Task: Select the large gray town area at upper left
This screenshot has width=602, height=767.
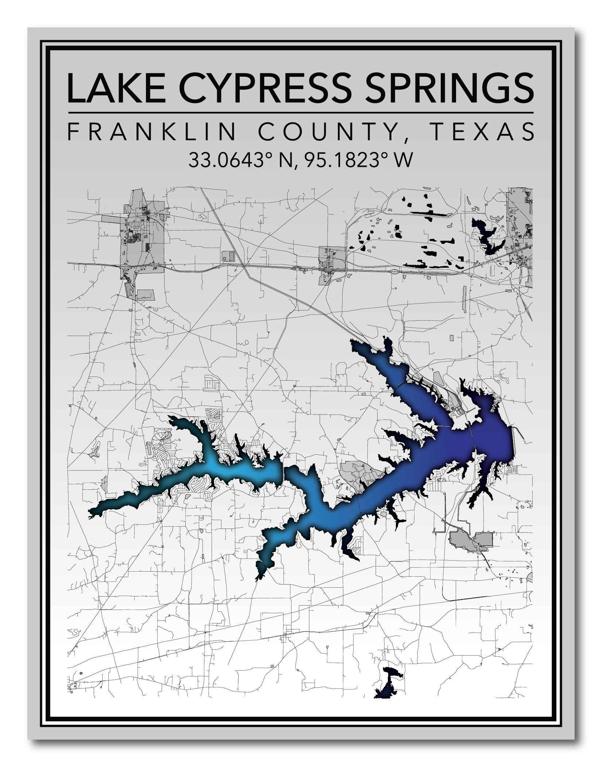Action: [x=140, y=241]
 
